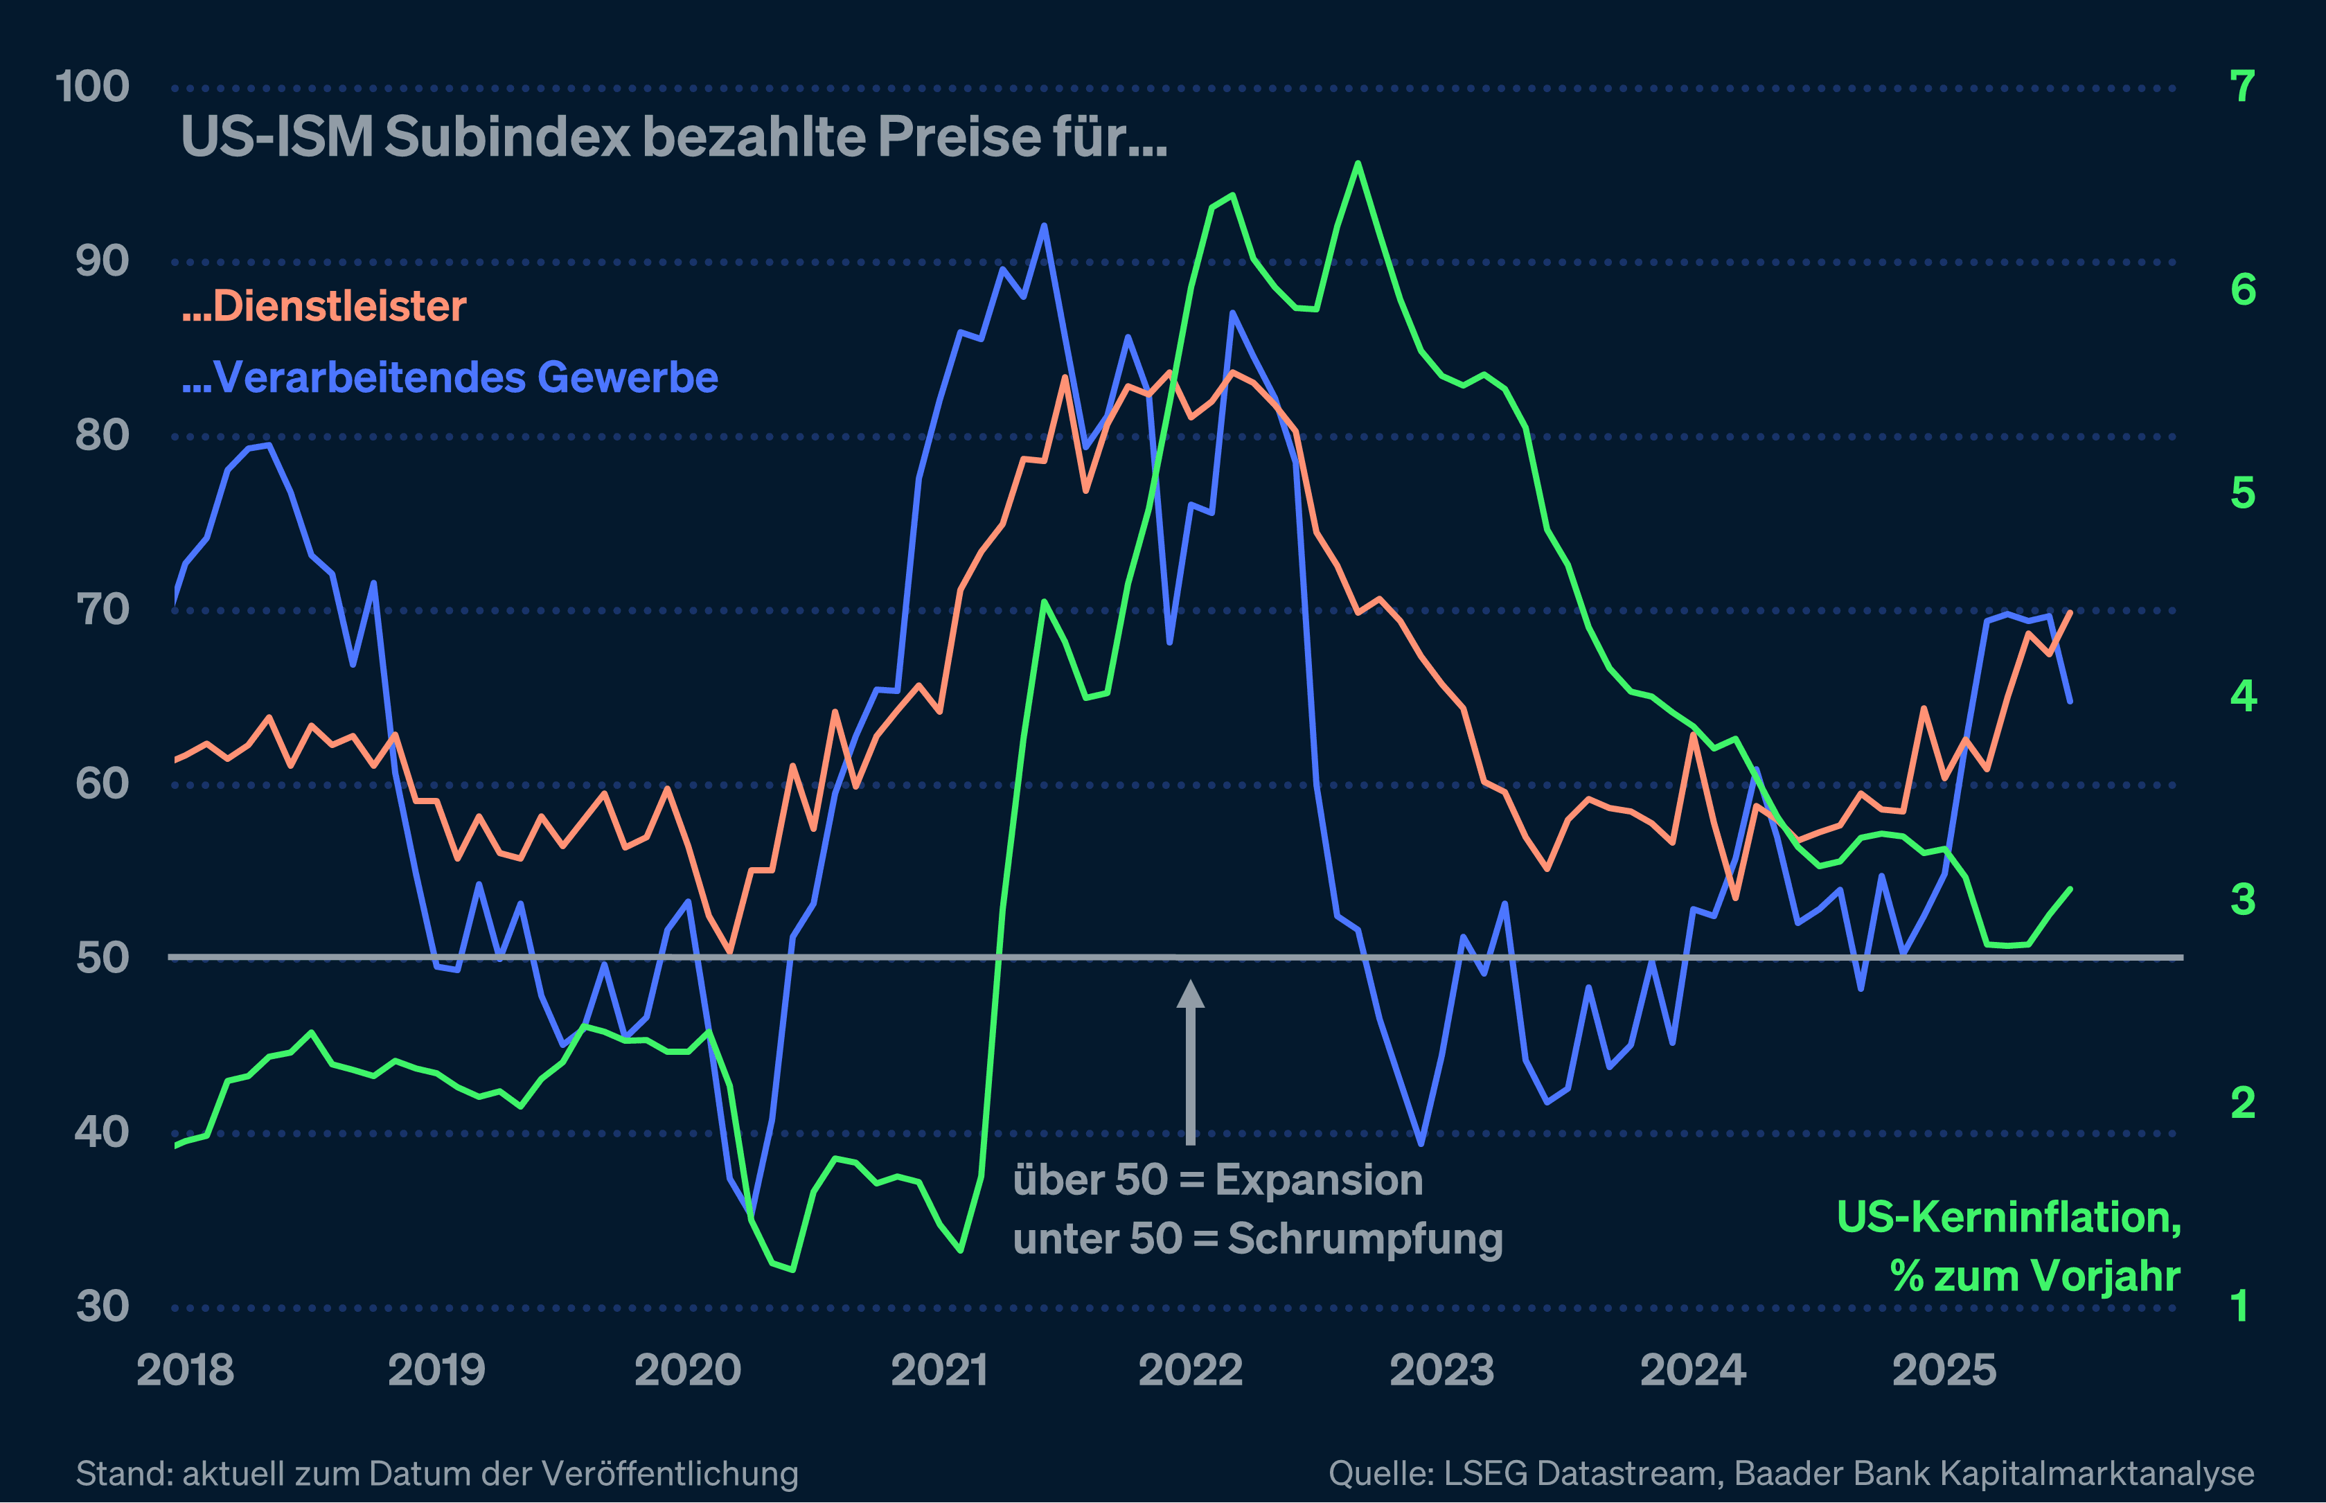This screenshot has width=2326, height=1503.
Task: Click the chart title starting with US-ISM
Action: tap(673, 136)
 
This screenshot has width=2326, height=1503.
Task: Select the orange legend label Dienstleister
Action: tap(324, 306)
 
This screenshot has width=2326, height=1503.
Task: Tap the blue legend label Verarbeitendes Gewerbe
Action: tap(450, 377)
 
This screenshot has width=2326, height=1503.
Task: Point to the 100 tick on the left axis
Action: tap(93, 87)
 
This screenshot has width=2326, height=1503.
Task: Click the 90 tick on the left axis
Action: tap(102, 262)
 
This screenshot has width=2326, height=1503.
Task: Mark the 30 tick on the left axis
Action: tap(102, 1307)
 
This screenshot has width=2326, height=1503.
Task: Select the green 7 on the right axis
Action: tap(2243, 87)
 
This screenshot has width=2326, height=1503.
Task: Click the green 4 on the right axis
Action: tap(2243, 696)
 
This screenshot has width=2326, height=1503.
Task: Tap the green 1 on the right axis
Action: tap(2241, 1307)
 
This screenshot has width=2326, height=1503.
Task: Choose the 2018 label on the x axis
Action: tap(186, 1370)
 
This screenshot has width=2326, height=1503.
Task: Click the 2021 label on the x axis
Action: tap(939, 1370)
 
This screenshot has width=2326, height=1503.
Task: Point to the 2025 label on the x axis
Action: tap(1944, 1370)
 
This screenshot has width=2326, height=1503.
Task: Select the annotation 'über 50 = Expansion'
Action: tap(1217, 1181)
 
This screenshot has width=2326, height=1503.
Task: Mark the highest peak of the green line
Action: tap(1358, 164)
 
